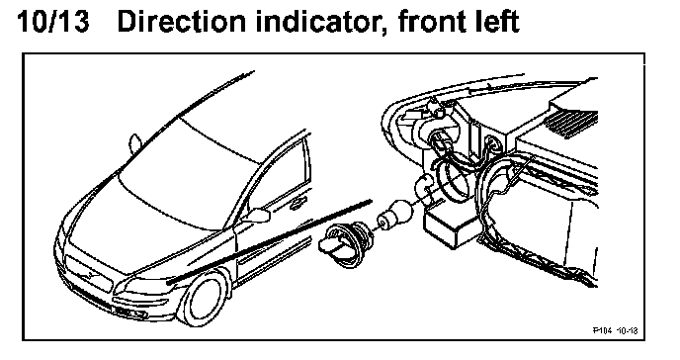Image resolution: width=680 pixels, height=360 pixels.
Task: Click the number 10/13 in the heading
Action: tap(53, 21)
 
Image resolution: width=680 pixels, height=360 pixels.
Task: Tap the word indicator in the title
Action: tap(320, 22)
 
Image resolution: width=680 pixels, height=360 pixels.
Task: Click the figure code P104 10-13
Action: tap(616, 331)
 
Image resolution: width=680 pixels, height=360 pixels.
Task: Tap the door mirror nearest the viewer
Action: tap(257, 216)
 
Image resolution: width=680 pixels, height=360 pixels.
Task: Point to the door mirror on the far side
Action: tap(134, 143)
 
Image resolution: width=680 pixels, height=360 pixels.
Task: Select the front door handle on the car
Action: tap(298, 202)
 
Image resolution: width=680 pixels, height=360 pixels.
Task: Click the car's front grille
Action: tap(90, 274)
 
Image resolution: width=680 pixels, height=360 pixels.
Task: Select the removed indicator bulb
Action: tap(393, 215)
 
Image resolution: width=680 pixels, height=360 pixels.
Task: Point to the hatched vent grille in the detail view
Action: tap(571, 124)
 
